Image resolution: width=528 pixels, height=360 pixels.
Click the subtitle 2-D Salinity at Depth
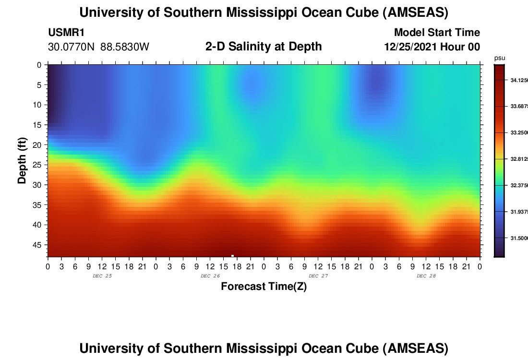(x=264, y=47)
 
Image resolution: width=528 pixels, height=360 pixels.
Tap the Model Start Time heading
(x=437, y=33)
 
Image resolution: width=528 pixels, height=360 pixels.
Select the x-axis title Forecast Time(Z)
(x=264, y=287)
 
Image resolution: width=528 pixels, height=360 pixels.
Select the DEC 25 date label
(x=102, y=276)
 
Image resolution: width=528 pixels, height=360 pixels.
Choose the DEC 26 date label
(x=210, y=276)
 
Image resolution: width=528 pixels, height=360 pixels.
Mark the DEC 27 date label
(x=318, y=276)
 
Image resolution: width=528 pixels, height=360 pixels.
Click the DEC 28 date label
(x=426, y=276)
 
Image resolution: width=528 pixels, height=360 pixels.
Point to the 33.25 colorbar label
(x=518, y=132)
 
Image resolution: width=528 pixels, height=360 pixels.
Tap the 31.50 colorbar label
(x=518, y=238)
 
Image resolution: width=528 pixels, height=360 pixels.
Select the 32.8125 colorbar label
(x=518, y=159)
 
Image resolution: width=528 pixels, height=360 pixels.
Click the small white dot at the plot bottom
(x=232, y=256)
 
